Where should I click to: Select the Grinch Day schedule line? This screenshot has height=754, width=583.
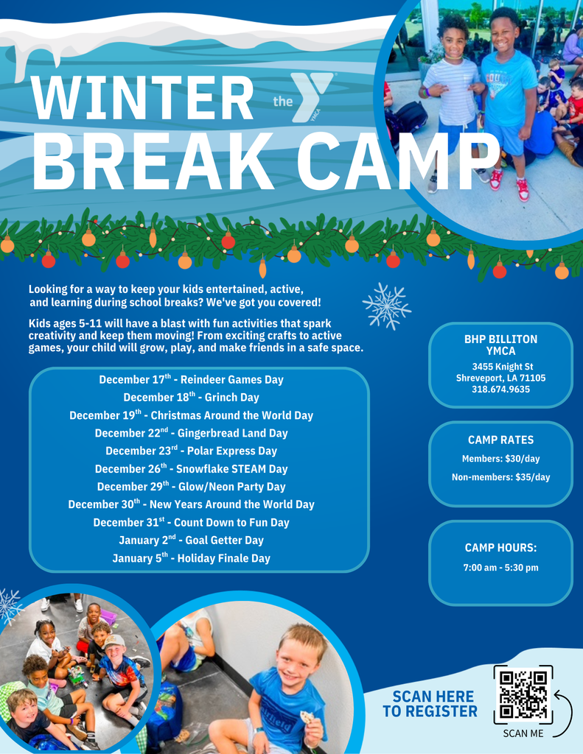pos(191,398)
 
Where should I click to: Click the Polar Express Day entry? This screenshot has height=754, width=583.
pos(191,451)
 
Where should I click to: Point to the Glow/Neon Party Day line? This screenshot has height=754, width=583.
pos(191,487)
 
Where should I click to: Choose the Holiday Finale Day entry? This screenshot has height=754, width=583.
pos(191,558)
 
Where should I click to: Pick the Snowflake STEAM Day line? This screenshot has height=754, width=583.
pos(191,469)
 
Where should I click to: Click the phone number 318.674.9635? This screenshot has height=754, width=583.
pos(500,390)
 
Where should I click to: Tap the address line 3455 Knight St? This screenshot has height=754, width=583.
pos(500,367)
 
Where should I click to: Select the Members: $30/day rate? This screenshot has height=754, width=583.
pos(500,459)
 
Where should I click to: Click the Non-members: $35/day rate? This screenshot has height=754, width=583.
pos(500,477)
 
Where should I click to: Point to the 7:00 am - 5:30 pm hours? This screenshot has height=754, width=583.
pos(500,568)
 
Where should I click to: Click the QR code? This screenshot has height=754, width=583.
pos(523,694)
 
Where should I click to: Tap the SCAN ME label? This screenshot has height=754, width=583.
pos(523,733)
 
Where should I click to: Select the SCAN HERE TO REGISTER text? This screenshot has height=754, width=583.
pos(430,704)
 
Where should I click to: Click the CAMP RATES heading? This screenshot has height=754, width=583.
pos(500,440)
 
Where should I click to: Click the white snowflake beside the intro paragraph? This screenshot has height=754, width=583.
pos(386,306)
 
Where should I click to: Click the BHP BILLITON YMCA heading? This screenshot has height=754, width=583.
pos(500,345)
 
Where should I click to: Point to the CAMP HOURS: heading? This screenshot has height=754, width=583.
pos(500,548)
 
